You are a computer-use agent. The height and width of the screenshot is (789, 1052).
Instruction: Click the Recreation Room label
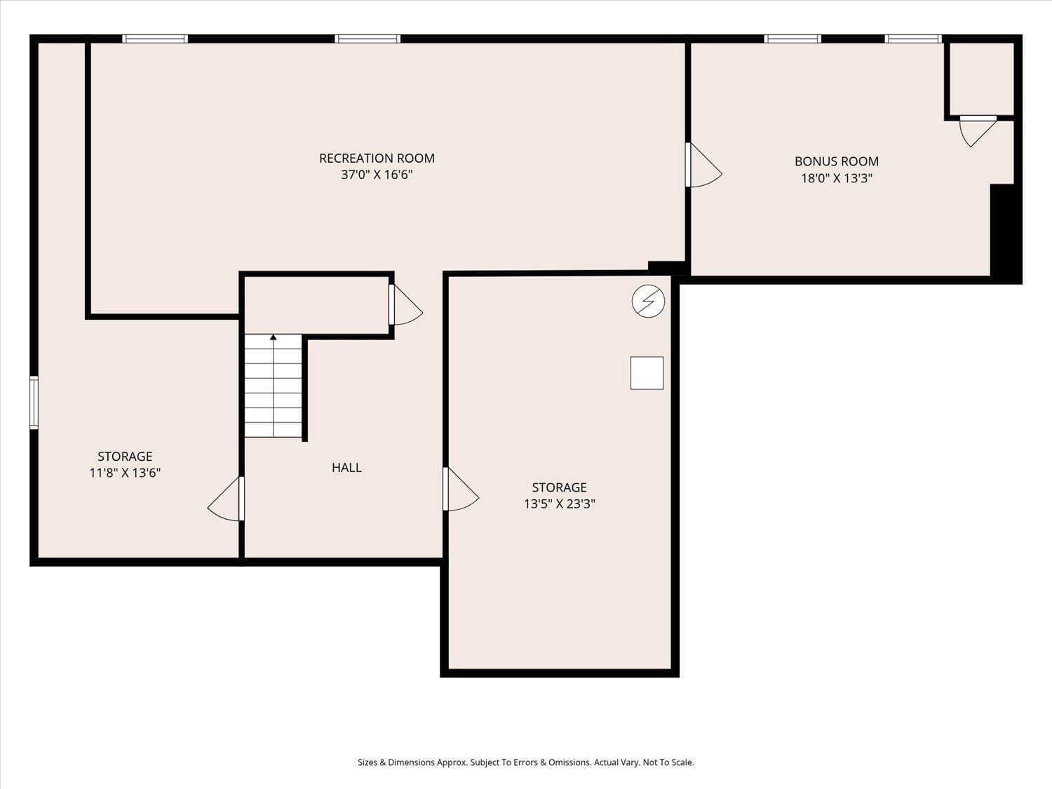point(377,159)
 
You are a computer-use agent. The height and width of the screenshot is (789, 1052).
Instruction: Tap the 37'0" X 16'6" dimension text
point(377,175)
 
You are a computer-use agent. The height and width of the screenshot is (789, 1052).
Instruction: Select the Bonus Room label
point(836,161)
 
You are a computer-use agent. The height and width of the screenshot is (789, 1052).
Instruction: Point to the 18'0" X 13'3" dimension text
point(836,178)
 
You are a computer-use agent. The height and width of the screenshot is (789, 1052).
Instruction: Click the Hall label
point(346,468)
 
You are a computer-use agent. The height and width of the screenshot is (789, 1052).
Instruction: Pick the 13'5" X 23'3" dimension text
point(559,504)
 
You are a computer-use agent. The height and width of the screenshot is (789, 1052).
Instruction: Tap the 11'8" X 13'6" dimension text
point(125,473)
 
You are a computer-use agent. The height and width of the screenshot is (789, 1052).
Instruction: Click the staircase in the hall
point(274,387)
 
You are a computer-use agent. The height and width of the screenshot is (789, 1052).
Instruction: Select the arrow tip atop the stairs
point(274,337)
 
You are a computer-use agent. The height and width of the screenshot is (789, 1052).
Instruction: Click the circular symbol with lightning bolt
point(648,301)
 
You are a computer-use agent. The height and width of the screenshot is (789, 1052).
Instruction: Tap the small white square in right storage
point(647,373)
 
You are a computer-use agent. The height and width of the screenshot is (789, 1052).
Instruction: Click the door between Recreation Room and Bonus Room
point(703,166)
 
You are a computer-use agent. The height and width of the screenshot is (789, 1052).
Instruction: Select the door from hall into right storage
point(460,490)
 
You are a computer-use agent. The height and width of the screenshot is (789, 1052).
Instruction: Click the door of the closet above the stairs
point(405,305)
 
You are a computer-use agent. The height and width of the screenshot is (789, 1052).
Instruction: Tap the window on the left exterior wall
point(34,403)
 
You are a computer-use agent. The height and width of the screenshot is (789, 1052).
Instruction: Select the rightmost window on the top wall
point(912,39)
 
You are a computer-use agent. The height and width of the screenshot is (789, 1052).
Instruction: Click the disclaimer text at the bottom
point(525,762)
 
